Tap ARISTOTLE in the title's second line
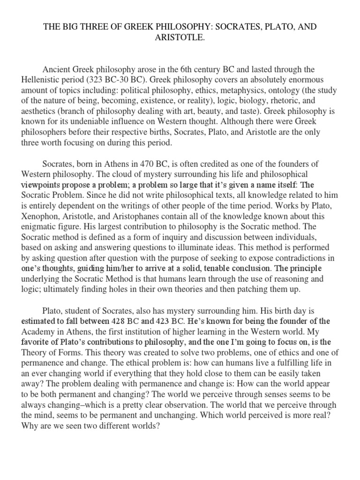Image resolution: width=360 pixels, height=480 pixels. pyautogui.click(x=180, y=37)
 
